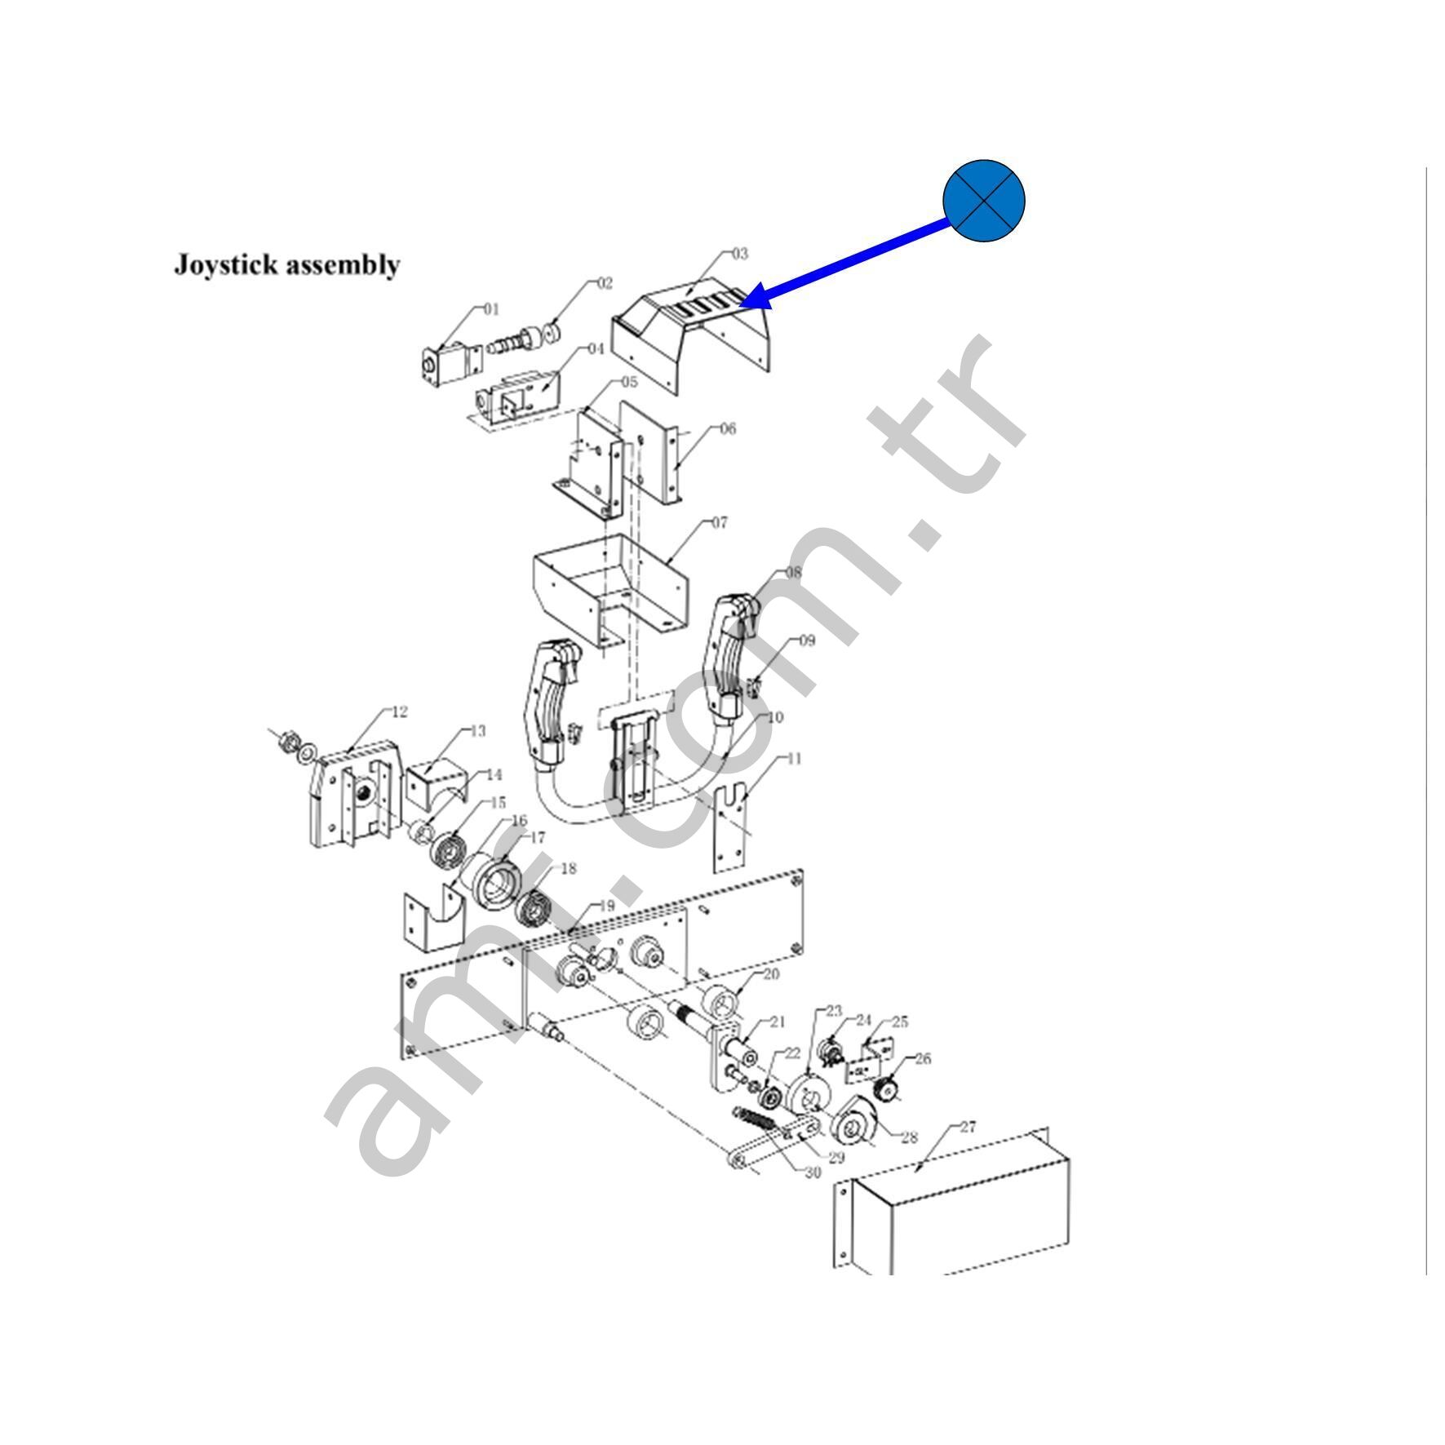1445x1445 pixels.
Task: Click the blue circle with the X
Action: tap(982, 201)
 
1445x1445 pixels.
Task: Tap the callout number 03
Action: tap(739, 254)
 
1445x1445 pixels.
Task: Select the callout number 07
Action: tap(719, 522)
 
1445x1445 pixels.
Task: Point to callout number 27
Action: tap(967, 1128)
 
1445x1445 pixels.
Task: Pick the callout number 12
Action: tap(399, 711)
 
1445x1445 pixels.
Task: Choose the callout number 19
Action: tap(605, 906)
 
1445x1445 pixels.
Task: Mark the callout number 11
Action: tap(794, 759)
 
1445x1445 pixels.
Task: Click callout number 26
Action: tap(923, 1059)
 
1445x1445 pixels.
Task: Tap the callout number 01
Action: tap(490, 309)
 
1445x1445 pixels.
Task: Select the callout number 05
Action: tap(629, 382)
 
